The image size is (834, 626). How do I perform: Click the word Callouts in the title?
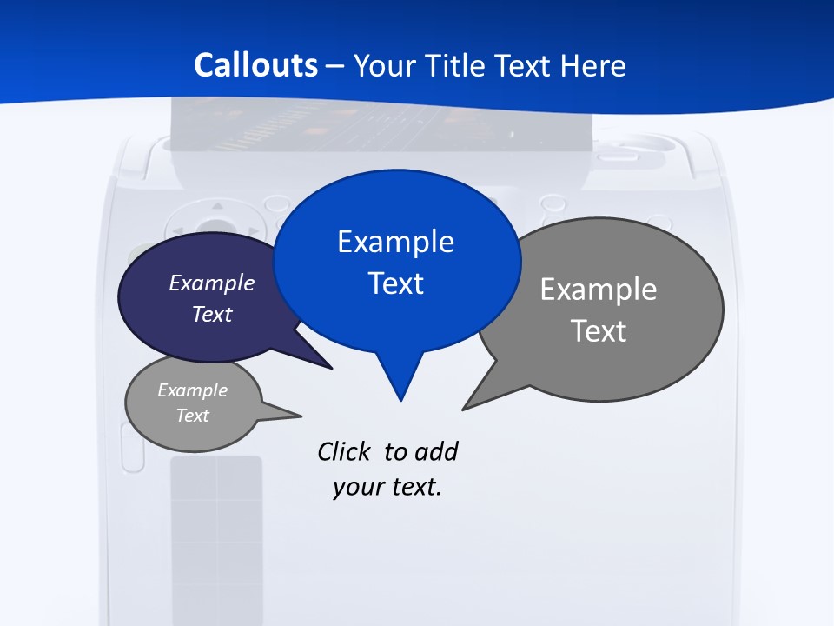pyautogui.click(x=256, y=66)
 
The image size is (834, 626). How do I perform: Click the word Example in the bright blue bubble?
pyautogui.click(x=395, y=242)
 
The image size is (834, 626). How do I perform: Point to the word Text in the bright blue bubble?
pyautogui.click(x=395, y=283)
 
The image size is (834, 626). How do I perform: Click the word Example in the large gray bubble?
pyautogui.click(x=599, y=290)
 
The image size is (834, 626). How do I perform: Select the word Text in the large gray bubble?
pyautogui.click(x=599, y=331)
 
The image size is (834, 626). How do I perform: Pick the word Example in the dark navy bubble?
pyautogui.click(x=212, y=283)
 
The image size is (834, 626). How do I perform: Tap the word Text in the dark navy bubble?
pyautogui.click(x=212, y=314)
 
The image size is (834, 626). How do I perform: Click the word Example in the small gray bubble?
pyautogui.click(x=193, y=390)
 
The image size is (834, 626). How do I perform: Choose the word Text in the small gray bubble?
pyautogui.click(x=193, y=416)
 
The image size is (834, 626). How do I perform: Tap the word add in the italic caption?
pyautogui.click(x=436, y=451)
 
